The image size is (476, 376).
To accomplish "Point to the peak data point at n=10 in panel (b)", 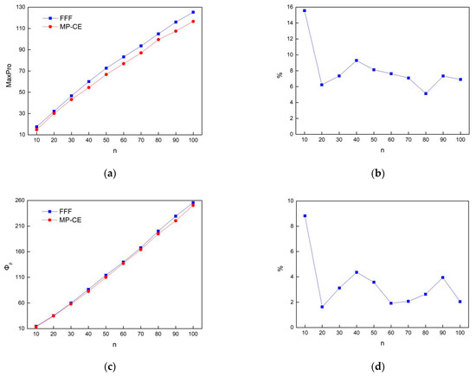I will pyautogui.click(x=304, y=10).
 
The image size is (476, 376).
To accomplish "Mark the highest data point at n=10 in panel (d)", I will pyautogui.click(x=304, y=216).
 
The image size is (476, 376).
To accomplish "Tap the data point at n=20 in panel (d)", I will pyautogui.click(x=321, y=307).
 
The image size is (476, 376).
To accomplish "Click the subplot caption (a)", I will pyautogui.click(x=109, y=174).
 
